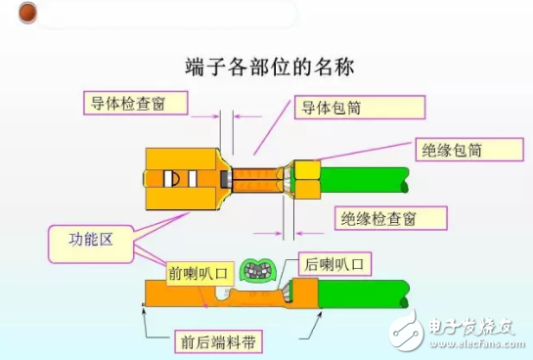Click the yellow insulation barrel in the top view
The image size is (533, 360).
[x=304, y=178]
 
